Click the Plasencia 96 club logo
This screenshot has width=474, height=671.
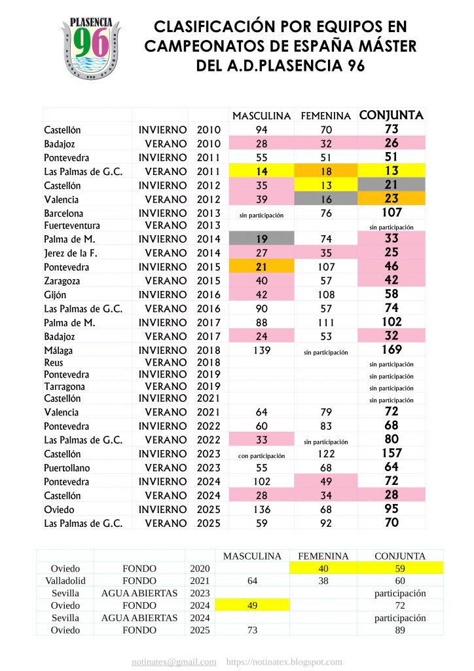90,45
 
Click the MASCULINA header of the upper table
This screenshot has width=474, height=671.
261,116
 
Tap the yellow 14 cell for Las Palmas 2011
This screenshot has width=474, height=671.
261,171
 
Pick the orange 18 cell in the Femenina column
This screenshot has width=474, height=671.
325,171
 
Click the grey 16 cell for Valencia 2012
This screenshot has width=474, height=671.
325,199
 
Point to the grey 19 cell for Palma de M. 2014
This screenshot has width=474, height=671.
261,240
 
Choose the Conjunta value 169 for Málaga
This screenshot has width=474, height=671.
392,350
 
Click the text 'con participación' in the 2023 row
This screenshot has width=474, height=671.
261,455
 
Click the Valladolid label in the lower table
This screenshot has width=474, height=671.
65,581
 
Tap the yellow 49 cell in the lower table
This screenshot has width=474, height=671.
252,605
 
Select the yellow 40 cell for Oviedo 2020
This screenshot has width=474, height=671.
323,568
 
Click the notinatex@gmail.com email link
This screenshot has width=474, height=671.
173,662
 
